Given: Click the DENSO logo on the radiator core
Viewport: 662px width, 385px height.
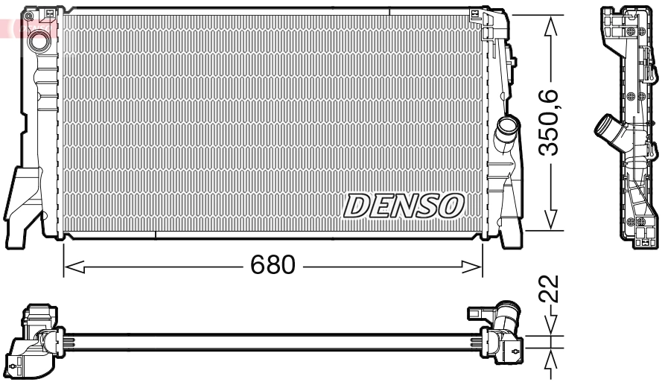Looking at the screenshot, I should click(x=404, y=206).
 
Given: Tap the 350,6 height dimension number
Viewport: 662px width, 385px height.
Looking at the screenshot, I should click(x=550, y=122).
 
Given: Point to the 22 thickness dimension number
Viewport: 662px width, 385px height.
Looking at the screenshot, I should click(x=550, y=289).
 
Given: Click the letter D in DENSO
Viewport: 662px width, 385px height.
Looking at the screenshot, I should click(x=356, y=206).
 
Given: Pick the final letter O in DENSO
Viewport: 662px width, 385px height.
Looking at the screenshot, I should click(x=451, y=206).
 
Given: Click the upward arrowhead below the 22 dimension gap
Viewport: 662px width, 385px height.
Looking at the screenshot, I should click(x=550, y=358).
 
